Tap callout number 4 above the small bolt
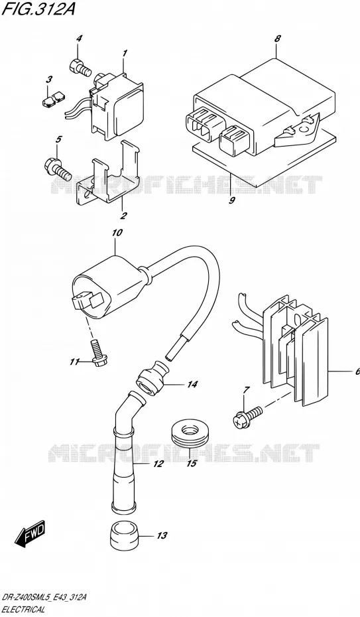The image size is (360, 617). [x=79, y=38]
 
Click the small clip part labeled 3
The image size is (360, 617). [x=54, y=99]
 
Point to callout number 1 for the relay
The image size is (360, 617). [x=125, y=52]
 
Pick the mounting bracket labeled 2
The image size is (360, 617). [x=108, y=174]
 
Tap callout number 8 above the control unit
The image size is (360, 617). [x=278, y=38]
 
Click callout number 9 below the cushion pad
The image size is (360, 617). [x=231, y=200]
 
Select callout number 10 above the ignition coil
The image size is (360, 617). [x=117, y=233]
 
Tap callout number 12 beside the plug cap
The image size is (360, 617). [x=158, y=464]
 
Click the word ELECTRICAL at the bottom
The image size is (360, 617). [x=24, y=610]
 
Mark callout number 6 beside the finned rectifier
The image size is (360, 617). [x=357, y=372]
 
